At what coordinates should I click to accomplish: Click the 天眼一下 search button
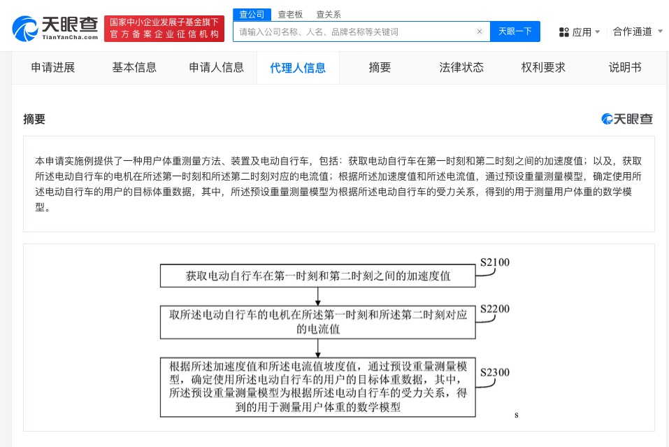pos(515,31)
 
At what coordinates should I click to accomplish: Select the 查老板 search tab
pos(290,14)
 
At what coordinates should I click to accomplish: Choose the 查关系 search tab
pos(329,14)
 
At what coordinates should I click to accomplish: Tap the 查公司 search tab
pos(252,14)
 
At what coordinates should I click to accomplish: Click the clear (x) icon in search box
pos(480,31)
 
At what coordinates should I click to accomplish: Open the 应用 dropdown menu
pos(580,31)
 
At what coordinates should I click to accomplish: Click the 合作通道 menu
pos(638,31)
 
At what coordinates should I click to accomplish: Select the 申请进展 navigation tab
pos(53,68)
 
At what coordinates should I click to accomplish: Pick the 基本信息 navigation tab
pos(134,68)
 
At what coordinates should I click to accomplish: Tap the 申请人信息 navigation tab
pos(216,68)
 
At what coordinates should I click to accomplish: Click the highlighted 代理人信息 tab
pos(298,68)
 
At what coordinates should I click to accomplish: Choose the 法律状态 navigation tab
pos(461,68)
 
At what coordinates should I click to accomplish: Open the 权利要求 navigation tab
pos(543,68)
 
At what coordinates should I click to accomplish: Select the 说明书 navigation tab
pos(625,68)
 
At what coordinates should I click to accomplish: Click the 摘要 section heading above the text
pos(34,119)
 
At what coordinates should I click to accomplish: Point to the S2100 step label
pos(494,263)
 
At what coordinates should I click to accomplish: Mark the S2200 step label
pos(494,308)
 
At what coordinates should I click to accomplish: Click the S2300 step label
pos(494,372)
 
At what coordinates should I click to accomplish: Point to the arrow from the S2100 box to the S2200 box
pos(317,296)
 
